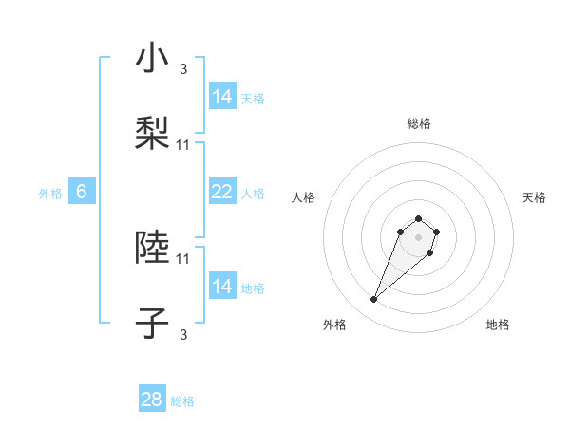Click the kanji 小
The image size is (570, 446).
click(x=152, y=59)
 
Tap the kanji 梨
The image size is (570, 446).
click(x=152, y=133)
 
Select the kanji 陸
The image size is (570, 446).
click(x=152, y=248)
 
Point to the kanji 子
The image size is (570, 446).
click(x=152, y=322)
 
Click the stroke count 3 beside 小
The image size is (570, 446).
click(x=183, y=69)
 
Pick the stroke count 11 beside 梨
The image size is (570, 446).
click(x=183, y=144)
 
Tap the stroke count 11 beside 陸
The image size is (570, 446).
click(x=183, y=258)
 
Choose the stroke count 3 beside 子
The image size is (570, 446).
click(x=183, y=333)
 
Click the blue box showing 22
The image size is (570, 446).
click(x=222, y=192)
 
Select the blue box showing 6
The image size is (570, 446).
click(x=82, y=192)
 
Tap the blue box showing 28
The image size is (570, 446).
click(x=152, y=400)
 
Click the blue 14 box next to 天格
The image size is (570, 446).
click(x=222, y=97)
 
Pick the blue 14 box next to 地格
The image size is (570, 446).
click(x=222, y=286)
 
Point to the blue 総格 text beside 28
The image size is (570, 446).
click(x=182, y=401)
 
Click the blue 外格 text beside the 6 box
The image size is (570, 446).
click(x=50, y=194)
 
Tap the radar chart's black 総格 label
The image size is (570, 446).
click(x=418, y=123)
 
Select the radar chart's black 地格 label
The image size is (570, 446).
click(x=498, y=325)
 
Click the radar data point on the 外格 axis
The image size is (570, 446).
click(x=374, y=300)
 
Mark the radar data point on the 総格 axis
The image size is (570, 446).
click(x=418, y=217)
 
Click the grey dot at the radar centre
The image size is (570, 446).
click(x=418, y=237)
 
